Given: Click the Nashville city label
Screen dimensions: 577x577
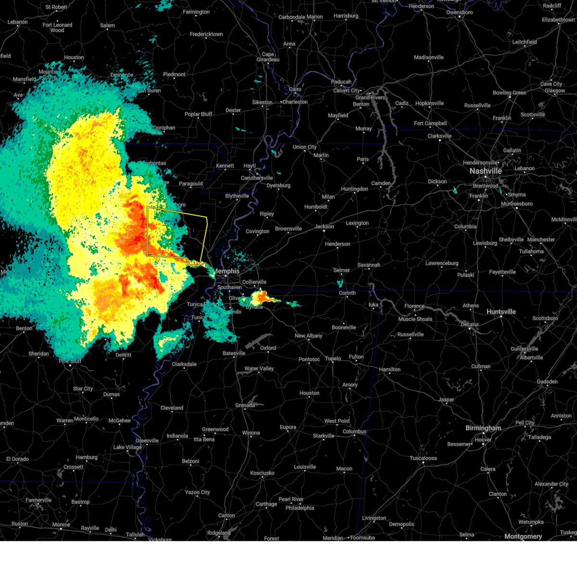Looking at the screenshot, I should [486, 171].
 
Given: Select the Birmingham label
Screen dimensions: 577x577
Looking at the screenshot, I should [483, 428].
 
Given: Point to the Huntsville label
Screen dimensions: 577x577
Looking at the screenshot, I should [501, 312].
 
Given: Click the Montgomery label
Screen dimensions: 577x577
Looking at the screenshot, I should [523, 536].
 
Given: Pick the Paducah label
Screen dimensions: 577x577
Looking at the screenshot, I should [341, 82].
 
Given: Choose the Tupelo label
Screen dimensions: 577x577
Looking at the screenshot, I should [333, 358].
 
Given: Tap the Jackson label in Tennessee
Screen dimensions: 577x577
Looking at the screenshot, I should [324, 226].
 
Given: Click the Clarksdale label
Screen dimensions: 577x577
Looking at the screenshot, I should [184, 364].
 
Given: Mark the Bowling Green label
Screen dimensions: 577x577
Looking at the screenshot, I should [509, 93].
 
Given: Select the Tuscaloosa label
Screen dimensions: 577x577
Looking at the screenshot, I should [423, 458].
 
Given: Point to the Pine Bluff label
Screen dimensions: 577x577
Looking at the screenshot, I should [70, 361].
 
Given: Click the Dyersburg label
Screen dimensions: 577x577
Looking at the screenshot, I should [278, 186].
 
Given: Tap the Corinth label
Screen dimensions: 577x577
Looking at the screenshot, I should [347, 293].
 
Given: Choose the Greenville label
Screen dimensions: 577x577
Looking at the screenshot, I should [147, 440].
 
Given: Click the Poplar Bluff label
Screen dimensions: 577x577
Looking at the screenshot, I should [199, 114].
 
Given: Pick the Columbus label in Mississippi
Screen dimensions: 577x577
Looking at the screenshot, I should [354, 431].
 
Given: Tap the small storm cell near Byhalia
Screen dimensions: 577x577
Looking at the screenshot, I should [263, 297].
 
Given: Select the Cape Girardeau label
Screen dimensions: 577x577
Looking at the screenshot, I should [268, 57].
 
